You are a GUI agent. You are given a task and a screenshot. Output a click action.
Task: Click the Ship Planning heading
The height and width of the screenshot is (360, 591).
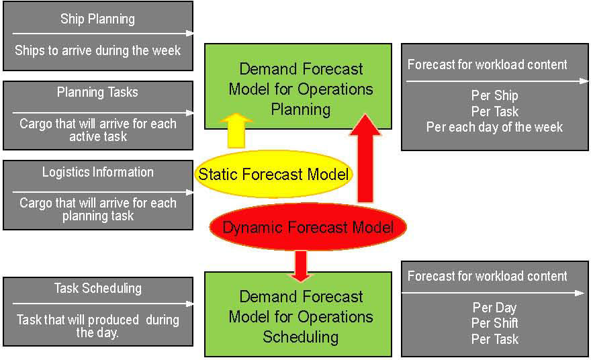[x=97, y=19]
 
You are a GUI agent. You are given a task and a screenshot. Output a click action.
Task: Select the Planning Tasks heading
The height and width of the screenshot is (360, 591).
[x=97, y=92]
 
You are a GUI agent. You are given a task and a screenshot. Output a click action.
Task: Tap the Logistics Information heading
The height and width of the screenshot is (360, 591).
[x=97, y=172]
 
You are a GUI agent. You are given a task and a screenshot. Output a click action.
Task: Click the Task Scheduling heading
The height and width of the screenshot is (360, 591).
[x=97, y=288]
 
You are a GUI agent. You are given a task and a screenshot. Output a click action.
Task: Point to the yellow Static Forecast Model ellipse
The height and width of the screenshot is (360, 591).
[x=274, y=175]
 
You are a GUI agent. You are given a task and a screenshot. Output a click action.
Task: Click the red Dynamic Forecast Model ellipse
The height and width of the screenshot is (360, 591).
[x=308, y=227]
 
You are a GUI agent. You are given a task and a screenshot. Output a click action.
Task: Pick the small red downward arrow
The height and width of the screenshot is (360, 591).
[x=301, y=265]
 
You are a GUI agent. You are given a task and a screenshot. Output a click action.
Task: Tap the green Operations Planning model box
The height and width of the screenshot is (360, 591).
[x=298, y=86]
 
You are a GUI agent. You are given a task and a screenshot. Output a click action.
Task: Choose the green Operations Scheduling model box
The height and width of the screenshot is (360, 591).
[x=298, y=314]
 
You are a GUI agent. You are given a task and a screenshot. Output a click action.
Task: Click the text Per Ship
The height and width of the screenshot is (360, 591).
[x=494, y=95]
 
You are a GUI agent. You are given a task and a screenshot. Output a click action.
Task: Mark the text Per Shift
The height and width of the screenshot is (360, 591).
[x=494, y=323]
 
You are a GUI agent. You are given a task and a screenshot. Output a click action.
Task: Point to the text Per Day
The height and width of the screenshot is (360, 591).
[x=494, y=308]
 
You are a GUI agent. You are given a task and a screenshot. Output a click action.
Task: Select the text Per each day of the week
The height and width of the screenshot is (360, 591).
[x=494, y=126]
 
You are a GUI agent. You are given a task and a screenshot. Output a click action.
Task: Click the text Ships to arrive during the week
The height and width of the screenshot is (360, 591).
[x=97, y=50]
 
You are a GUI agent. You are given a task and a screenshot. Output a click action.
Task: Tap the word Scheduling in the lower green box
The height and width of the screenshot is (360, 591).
[x=301, y=336]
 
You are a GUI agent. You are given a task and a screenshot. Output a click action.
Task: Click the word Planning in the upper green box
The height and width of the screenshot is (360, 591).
[x=301, y=108]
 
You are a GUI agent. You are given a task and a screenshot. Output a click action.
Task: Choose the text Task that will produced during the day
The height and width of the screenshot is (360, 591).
[x=97, y=326]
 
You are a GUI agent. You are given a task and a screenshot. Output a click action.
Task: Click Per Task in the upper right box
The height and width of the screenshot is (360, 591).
[x=494, y=111]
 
